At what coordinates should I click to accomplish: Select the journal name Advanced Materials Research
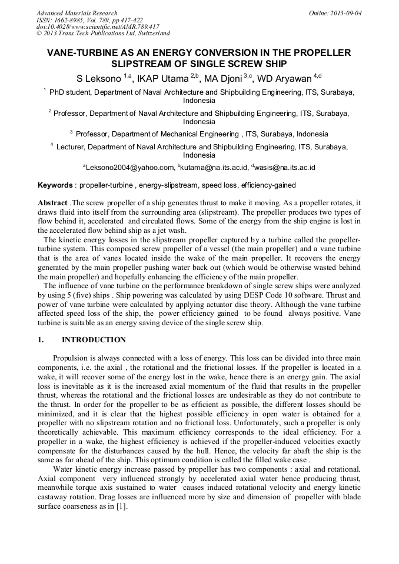77,13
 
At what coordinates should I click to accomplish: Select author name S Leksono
99,78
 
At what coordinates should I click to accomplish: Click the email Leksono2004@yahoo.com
131,168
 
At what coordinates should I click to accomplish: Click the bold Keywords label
55,185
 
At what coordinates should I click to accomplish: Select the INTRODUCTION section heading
94,340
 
